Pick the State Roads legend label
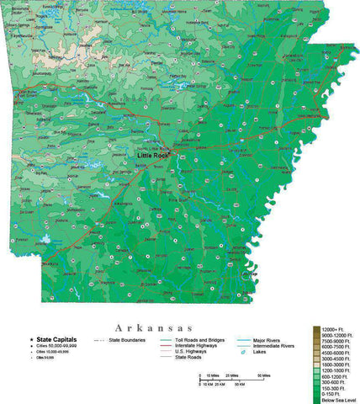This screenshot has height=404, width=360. [x=188, y=358]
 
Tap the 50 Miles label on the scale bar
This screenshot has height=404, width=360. [x=264, y=375]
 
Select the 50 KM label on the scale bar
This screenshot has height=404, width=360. [x=239, y=383]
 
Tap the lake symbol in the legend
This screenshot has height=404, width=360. [x=242, y=352]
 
